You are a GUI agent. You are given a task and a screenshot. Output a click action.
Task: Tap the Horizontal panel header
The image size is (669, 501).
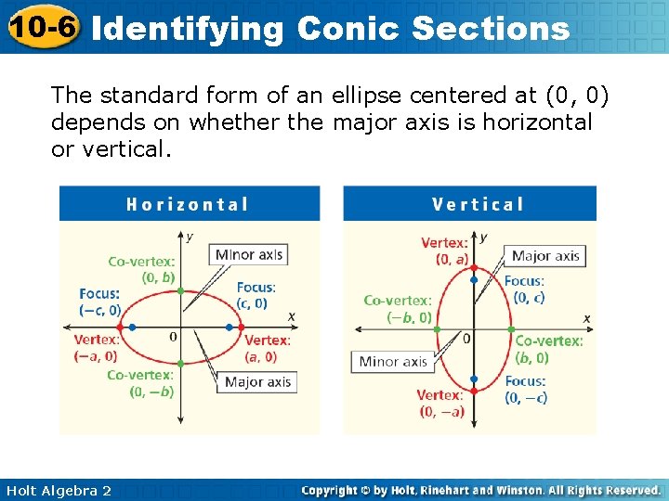click(x=188, y=204)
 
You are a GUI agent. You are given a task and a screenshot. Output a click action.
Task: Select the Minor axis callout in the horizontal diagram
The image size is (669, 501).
click(x=248, y=254)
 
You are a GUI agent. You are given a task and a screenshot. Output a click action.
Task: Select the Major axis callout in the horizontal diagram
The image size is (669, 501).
click(x=257, y=381)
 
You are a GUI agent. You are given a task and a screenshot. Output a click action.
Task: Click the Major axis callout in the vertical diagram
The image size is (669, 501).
click(x=545, y=255)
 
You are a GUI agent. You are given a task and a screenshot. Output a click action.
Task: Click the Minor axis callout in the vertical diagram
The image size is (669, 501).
click(x=392, y=361)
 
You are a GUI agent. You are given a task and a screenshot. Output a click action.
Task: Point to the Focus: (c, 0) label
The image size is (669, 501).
click(x=255, y=295)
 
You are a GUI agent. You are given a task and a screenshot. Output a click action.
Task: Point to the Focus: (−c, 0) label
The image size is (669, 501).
click(x=100, y=302)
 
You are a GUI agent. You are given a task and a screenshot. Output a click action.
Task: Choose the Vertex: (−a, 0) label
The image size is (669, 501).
click(x=96, y=348)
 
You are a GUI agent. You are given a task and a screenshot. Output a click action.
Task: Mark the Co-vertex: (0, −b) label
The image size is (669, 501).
click(x=140, y=383)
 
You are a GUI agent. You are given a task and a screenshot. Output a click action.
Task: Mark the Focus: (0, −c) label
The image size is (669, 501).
click(x=526, y=390)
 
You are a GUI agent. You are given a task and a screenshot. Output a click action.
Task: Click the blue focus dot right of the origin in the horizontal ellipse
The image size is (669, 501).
click(x=230, y=327)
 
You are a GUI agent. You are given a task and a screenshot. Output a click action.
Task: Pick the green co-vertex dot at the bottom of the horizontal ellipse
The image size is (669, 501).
click(x=180, y=364)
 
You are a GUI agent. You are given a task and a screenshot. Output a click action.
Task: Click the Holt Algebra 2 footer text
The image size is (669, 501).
click(x=58, y=490)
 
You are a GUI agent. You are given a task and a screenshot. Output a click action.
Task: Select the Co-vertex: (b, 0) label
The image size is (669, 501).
click(x=549, y=349)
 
